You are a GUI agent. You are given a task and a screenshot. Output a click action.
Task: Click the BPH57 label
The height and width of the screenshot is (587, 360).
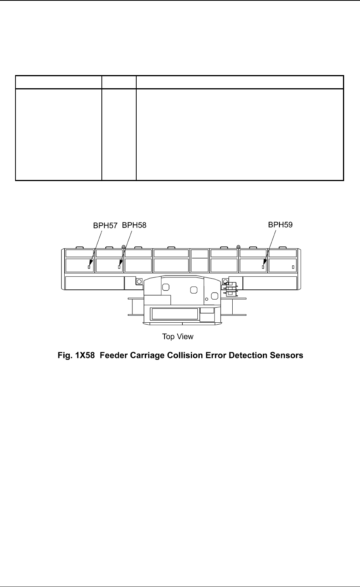coord(105,225)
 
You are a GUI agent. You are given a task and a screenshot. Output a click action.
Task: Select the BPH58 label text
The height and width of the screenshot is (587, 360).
coord(134,225)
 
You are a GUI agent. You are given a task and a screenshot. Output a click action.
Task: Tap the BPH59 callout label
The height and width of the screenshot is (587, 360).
coord(281,224)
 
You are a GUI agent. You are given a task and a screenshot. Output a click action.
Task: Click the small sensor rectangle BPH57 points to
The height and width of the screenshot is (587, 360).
coord(89,267)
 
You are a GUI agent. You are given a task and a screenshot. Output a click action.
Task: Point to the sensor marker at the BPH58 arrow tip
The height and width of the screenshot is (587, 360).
coord(119,267)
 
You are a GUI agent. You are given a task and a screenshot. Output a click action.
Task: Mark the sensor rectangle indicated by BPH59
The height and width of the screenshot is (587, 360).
coord(263,267)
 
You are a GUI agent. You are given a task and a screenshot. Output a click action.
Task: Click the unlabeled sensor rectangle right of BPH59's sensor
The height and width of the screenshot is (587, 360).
coord(293,267)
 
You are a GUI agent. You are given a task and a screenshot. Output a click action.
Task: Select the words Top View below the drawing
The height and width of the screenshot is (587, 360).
coord(178,337)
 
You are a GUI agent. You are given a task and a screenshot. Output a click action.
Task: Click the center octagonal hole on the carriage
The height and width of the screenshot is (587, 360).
coord(194,290)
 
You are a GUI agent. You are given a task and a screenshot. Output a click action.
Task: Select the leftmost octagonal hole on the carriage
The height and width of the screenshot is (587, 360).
coord(166,287)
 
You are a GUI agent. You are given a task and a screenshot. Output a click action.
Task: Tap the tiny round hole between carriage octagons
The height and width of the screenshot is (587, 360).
coord(207,299)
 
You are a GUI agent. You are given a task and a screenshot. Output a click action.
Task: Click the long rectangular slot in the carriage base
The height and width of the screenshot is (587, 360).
coord(175,314)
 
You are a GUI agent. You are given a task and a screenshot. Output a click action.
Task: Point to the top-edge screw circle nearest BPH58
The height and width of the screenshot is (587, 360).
coord(123,247)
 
